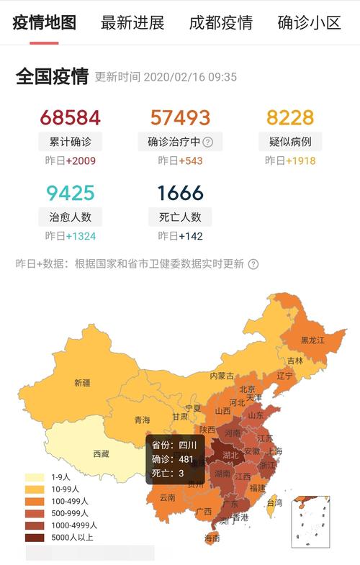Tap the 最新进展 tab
(x=132, y=22)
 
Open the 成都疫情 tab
(x=220, y=22)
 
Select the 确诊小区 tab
(x=309, y=22)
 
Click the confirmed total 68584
(x=71, y=118)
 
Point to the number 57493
(x=180, y=118)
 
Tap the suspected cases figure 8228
(x=290, y=118)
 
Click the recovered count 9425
(x=71, y=193)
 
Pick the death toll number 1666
(x=180, y=193)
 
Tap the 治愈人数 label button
(x=71, y=216)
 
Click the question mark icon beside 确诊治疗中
(x=208, y=142)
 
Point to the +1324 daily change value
(x=81, y=236)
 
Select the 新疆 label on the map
(x=82, y=383)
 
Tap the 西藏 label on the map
(x=102, y=453)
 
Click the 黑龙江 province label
(x=313, y=340)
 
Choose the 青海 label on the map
(x=142, y=420)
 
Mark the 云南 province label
(x=167, y=497)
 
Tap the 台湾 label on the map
(x=274, y=502)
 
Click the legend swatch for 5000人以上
(x=35, y=537)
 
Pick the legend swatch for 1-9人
(x=35, y=477)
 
